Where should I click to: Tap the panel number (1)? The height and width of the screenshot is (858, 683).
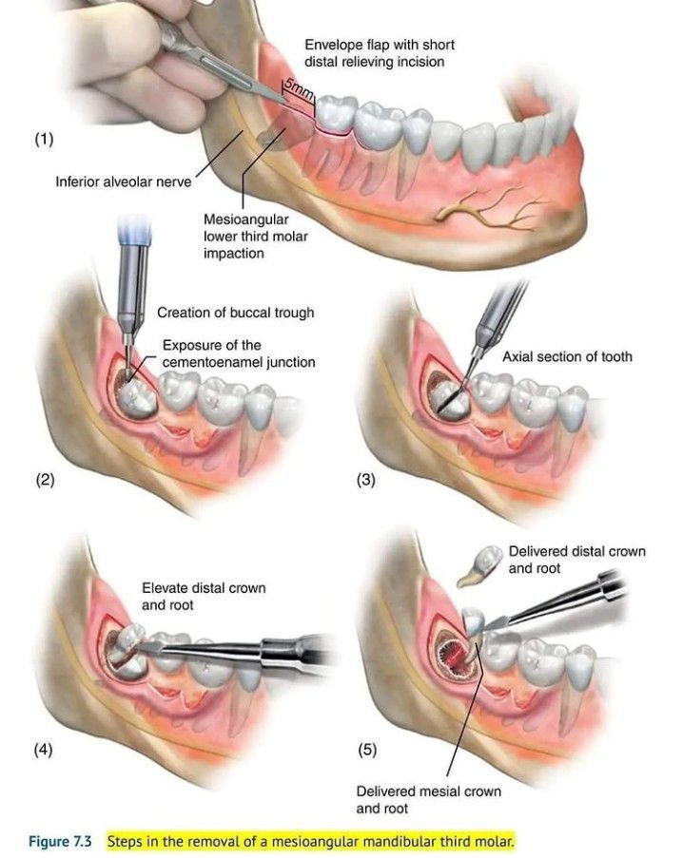[45, 140]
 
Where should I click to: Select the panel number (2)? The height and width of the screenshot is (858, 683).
[45, 480]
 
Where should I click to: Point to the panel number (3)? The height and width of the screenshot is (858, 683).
[366, 480]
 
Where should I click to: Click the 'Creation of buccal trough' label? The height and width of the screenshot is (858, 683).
[235, 313]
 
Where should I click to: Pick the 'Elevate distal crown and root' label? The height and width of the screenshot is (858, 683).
[204, 596]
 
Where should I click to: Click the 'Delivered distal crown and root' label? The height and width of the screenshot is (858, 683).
[576, 560]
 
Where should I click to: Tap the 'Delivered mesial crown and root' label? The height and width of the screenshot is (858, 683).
[428, 799]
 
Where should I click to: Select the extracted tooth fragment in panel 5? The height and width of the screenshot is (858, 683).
[478, 566]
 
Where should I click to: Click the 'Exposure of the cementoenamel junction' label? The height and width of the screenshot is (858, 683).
[238, 353]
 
